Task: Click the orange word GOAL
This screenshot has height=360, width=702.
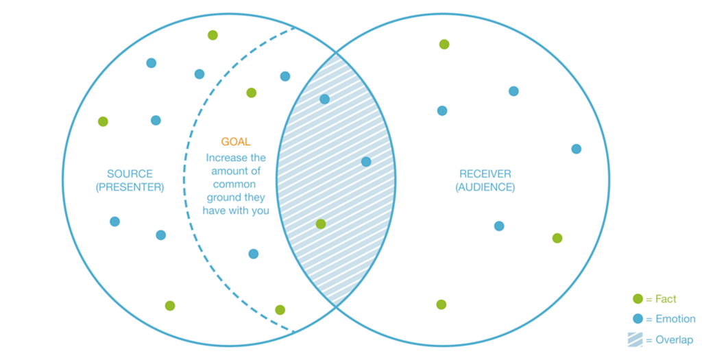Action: coord(236,142)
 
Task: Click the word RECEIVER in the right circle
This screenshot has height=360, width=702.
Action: coord(485,173)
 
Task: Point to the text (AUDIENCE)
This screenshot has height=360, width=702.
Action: coord(485,187)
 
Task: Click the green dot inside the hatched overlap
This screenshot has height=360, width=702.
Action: coord(320,224)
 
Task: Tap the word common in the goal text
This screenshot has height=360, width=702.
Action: coord(234,184)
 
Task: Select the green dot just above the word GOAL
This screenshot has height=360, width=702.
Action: coord(251,93)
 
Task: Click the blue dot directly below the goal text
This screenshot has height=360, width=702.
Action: coord(253,254)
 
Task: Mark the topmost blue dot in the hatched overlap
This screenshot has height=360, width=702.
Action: coord(324,99)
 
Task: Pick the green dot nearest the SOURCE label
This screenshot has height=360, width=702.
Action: coord(103,121)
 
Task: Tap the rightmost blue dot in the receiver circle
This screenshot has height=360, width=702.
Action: coord(576,149)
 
